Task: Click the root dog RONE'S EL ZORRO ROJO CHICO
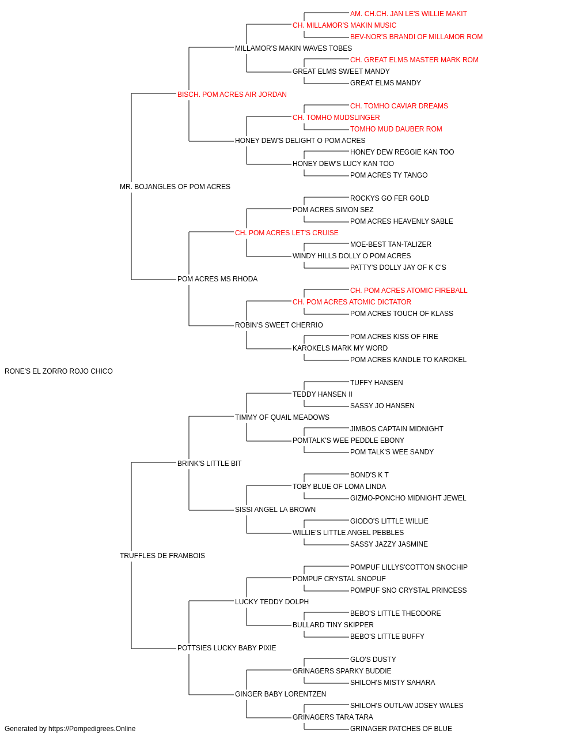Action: (x=59, y=371)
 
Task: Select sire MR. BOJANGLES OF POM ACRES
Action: (x=175, y=187)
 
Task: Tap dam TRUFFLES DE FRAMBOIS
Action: (x=162, y=556)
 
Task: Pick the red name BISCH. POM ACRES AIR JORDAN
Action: (x=232, y=95)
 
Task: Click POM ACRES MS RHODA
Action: (x=218, y=279)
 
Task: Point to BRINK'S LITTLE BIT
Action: (x=209, y=464)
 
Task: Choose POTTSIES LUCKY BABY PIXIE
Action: (x=226, y=648)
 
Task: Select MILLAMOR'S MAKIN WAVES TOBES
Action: (x=293, y=48)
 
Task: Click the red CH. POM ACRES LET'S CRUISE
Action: (x=287, y=233)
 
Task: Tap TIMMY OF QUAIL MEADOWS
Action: (x=282, y=417)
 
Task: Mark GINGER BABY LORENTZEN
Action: (x=281, y=694)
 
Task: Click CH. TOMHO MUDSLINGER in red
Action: (x=336, y=118)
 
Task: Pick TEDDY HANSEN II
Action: (x=323, y=394)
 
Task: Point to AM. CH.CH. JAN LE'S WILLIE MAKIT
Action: (x=408, y=14)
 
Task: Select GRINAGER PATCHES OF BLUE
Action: (x=401, y=729)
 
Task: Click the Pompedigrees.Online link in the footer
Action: (x=92, y=729)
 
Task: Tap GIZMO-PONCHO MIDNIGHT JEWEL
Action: (x=408, y=498)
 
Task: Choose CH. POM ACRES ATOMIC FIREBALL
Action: (x=409, y=291)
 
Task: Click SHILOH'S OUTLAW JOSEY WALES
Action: (x=407, y=706)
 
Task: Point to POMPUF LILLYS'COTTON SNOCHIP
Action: (x=409, y=567)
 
